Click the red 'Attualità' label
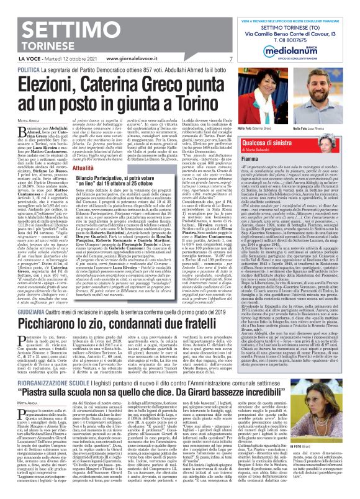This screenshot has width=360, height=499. click(83, 168)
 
